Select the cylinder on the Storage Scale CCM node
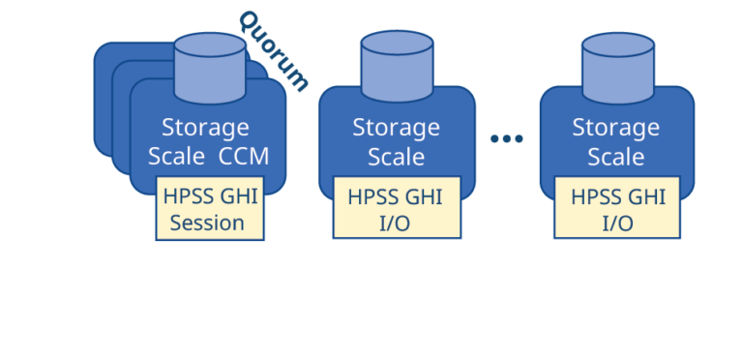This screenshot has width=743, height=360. [x=210, y=69]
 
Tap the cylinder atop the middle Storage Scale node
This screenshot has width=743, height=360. [x=397, y=67]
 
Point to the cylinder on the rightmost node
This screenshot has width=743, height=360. [x=617, y=67]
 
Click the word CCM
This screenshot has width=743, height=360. [x=244, y=157]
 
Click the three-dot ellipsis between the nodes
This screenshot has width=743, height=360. [x=507, y=139]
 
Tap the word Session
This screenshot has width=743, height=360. [x=207, y=224]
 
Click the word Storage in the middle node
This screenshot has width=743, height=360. [x=396, y=127]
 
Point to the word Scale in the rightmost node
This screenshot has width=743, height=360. [x=616, y=156]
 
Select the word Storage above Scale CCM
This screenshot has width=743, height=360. [x=205, y=127]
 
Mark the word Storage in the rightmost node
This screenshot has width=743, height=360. [x=616, y=127]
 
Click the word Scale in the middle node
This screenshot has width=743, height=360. [x=396, y=156]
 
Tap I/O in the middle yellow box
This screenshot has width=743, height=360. [x=396, y=223]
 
